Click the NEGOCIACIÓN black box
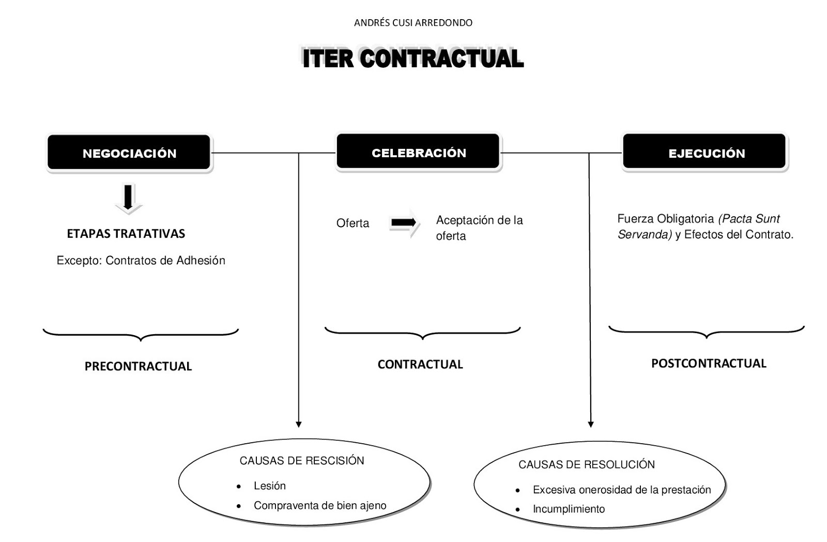click(x=129, y=153)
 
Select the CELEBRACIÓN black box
click(x=418, y=153)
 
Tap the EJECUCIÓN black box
click(x=706, y=153)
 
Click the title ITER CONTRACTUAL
click(x=413, y=58)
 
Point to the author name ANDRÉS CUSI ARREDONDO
click(x=413, y=23)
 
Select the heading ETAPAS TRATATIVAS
click(x=126, y=234)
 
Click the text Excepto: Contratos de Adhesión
click(x=141, y=261)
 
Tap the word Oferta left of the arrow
click(x=353, y=223)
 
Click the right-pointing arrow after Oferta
click(x=404, y=223)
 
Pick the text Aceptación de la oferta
click(x=479, y=228)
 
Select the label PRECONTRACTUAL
click(x=138, y=367)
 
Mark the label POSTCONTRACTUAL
click(x=708, y=364)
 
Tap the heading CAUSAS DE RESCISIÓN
click(x=302, y=461)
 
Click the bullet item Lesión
click(x=269, y=486)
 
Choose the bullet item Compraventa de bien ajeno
click(x=319, y=506)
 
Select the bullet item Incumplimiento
click(x=569, y=509)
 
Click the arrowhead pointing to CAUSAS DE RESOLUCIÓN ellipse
click(x=591, y=424)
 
